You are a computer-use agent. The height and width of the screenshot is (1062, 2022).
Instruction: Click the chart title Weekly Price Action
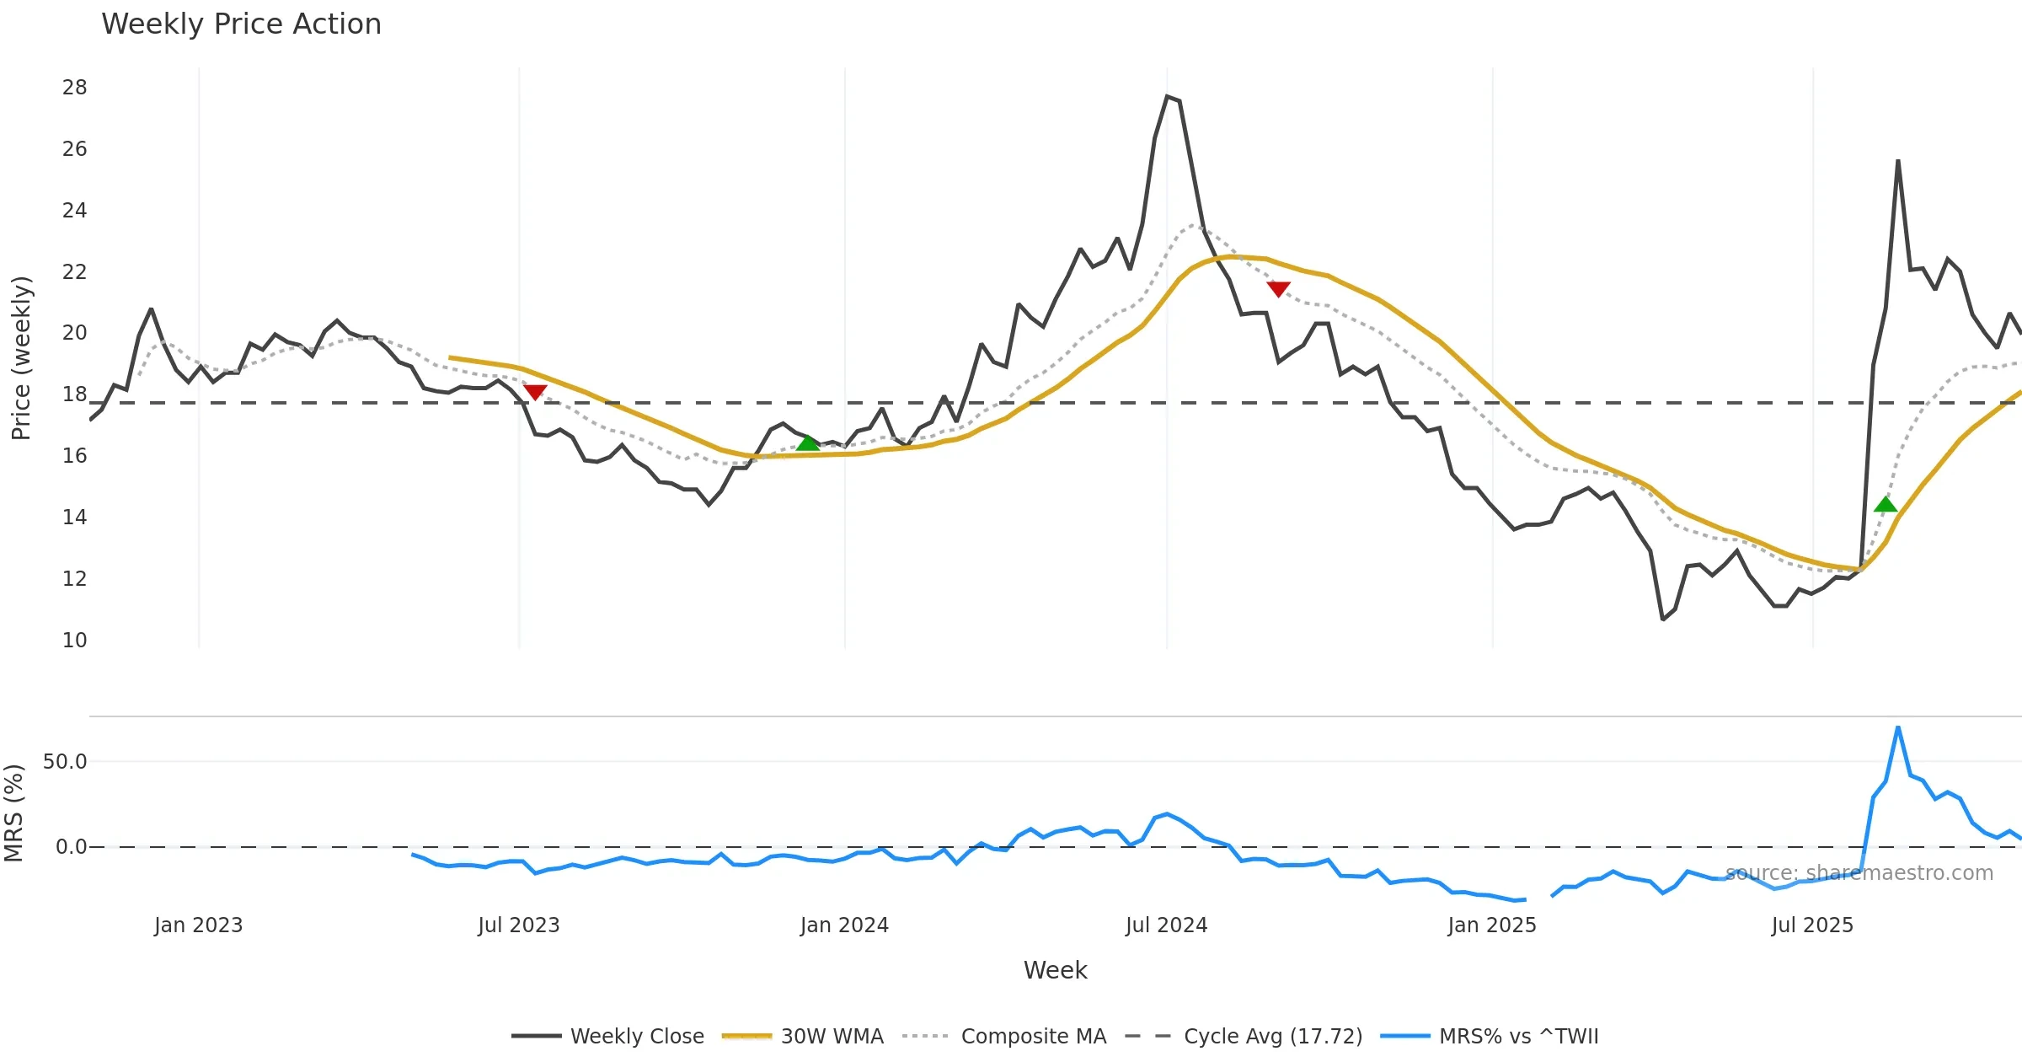pos(241,24)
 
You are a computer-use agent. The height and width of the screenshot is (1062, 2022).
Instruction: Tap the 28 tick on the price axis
pos(74,88)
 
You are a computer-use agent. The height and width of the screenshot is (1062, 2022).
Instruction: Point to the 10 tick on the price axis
pos(74,641)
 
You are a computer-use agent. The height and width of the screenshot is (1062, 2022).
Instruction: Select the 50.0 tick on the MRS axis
pos(65,762)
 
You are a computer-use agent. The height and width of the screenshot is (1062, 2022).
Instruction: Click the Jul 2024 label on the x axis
pos(1166,925)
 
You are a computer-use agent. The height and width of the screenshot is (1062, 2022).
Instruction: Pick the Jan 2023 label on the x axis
pos(198,925)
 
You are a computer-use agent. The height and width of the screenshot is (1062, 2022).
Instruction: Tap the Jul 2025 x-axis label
pos(1812,925)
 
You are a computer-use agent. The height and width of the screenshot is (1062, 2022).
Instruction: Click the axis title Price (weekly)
pos(21,358)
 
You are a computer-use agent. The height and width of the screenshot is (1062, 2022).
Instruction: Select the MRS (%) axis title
pos(14,813)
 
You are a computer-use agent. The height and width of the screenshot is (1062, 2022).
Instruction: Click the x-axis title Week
pos(1055,971)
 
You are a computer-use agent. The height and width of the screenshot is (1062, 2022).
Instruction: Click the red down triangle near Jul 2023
pos(535,392)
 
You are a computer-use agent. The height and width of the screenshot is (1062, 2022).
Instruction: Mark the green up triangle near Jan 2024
pos(807,443)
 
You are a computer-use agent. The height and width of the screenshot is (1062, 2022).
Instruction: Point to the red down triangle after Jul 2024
pos(1278,289)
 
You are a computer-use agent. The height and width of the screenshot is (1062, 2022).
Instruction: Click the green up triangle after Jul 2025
pos(1886,505)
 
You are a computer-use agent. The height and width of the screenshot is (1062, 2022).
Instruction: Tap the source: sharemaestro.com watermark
pos(1859,873)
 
